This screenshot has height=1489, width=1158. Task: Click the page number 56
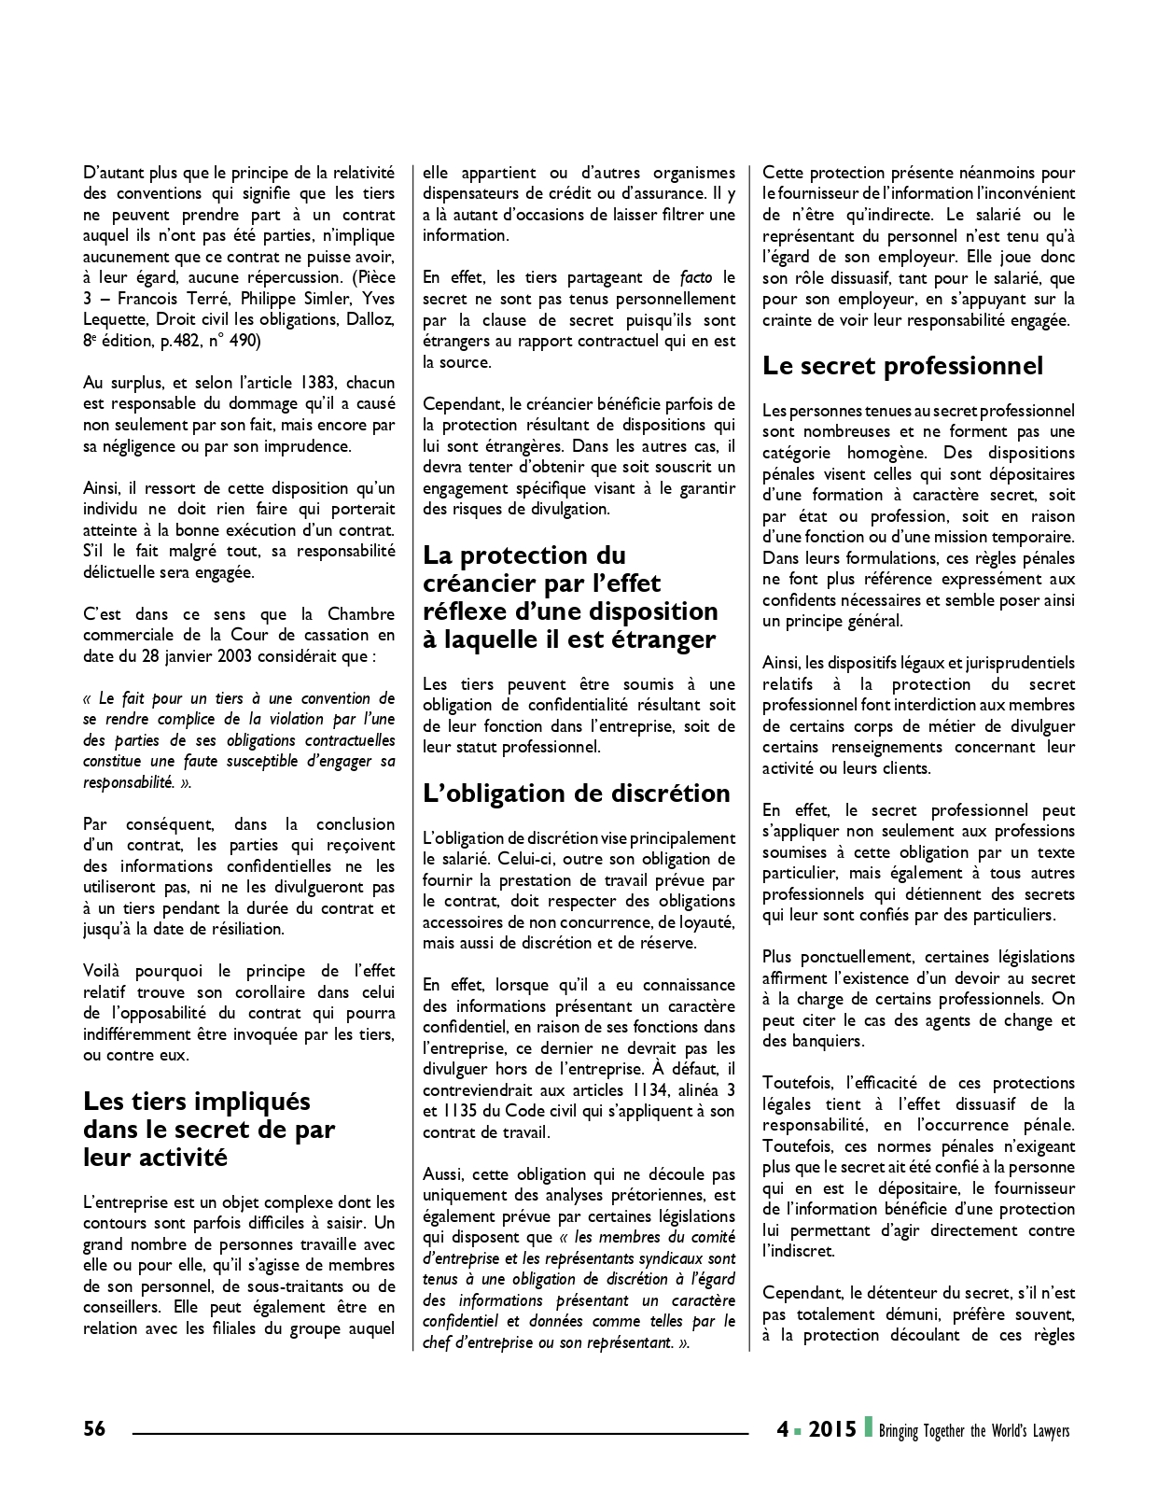(94, 1428)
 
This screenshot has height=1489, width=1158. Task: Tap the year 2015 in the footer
(832, 1429)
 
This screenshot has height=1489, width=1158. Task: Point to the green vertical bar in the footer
(868, 1427)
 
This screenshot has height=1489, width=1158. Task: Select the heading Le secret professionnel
(902, 366)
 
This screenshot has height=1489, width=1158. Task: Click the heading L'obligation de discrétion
(576, 794)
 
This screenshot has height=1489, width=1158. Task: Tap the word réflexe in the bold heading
(469, 611)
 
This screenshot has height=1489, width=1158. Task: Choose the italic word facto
(696, 277)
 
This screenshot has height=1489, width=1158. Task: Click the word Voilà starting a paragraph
(101, 971)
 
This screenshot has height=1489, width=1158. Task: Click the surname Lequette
(114, 319)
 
